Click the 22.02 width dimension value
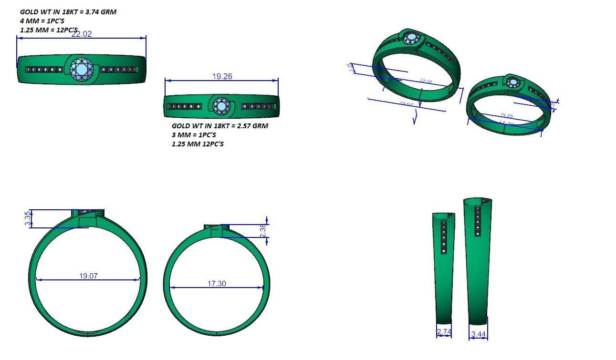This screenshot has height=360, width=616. point(81,34)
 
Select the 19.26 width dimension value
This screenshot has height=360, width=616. point(222,76)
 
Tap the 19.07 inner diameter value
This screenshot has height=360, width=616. point(88,276)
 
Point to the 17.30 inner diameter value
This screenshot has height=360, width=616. point(217,283)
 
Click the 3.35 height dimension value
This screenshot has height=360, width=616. point(28,218)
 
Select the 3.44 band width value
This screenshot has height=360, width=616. point(478,334)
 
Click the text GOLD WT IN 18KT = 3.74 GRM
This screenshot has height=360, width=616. point(68,12)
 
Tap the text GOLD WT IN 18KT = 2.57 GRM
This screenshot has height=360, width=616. point(220,126)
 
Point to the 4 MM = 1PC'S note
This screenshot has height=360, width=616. point(42,21)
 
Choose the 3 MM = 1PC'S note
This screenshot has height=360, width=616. point(194,135)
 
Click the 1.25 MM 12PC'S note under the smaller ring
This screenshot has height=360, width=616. point(198,144)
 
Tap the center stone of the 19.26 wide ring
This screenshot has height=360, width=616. point(221,106)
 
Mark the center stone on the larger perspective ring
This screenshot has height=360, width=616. point(411,39)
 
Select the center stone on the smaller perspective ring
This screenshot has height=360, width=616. point(513,83)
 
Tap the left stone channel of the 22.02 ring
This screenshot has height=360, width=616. point(44,70)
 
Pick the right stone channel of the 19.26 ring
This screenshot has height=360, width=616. point(258,106)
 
